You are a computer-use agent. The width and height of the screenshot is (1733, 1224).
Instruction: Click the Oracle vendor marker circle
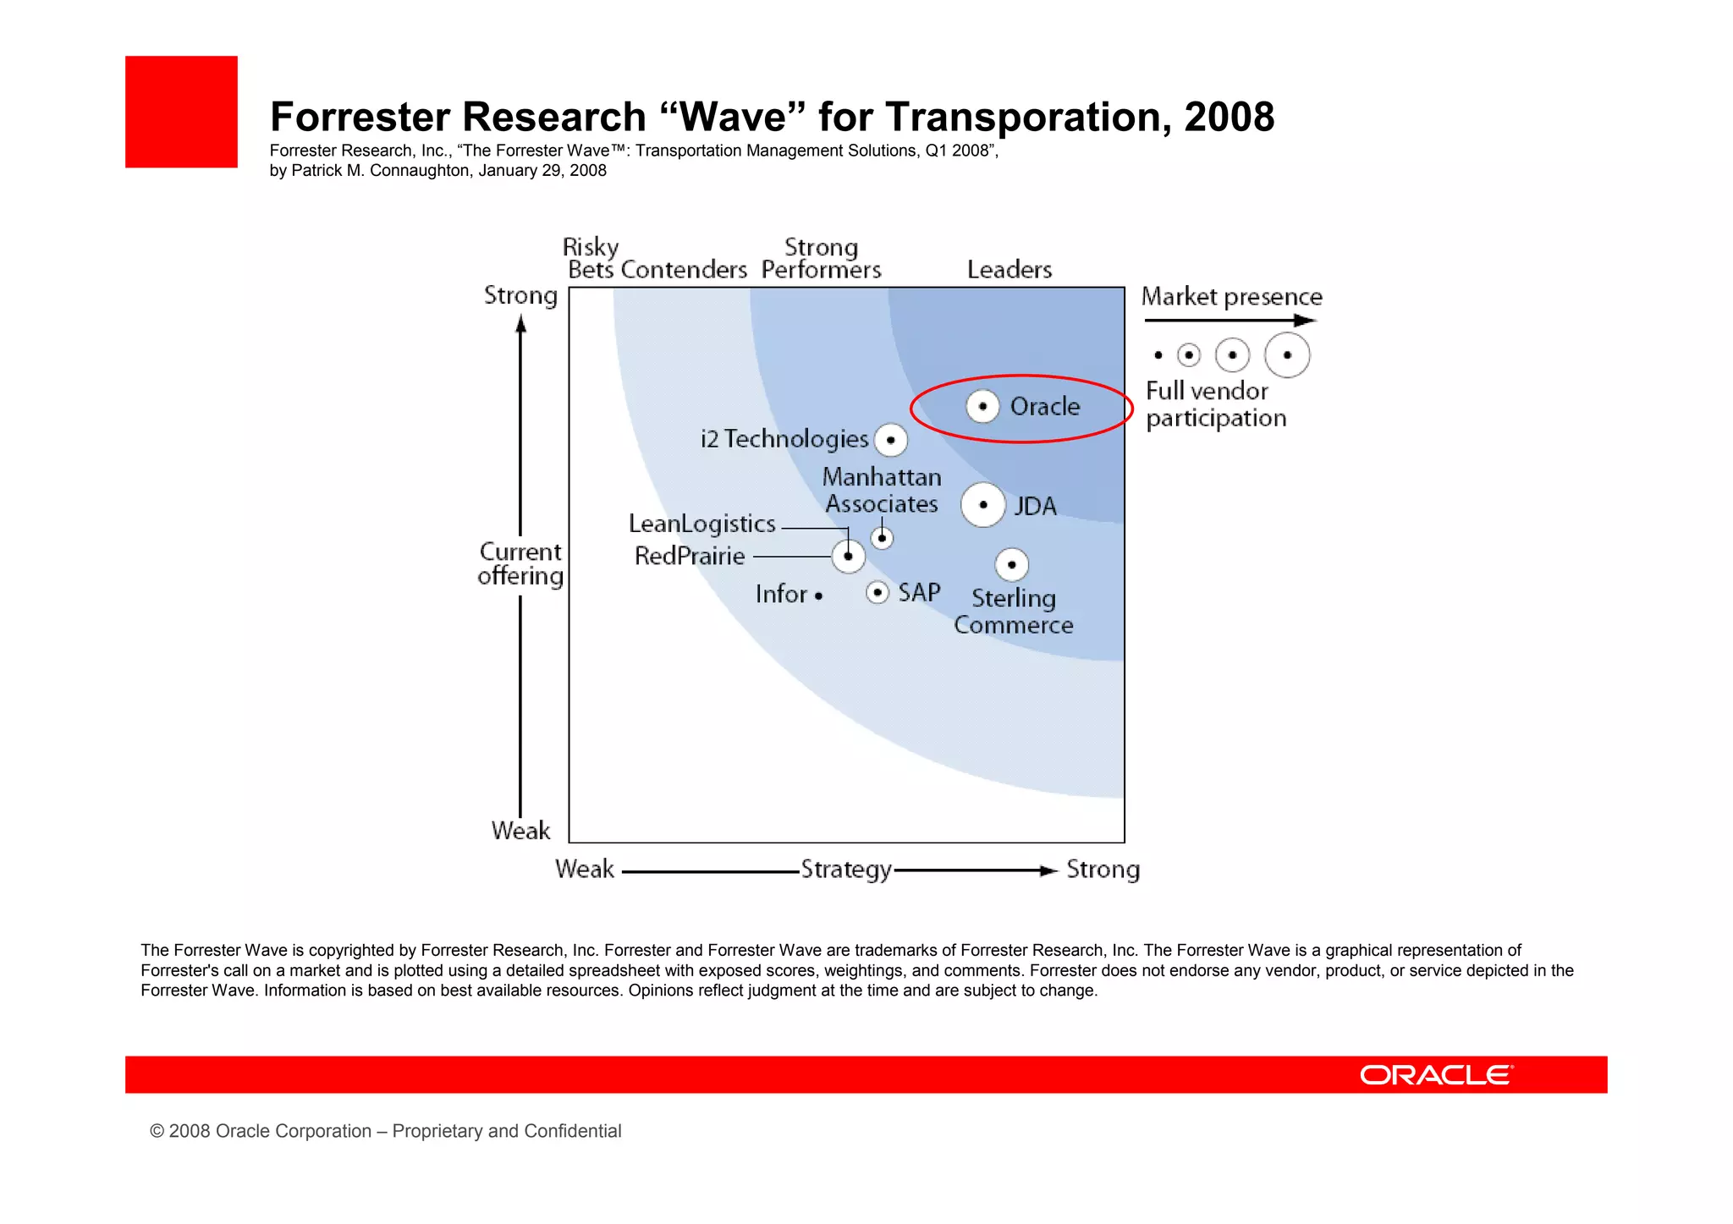click(982, 406)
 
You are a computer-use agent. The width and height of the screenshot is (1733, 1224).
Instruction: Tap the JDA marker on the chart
click(982, 505)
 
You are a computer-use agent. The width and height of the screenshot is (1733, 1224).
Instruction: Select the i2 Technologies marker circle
click(890, 440)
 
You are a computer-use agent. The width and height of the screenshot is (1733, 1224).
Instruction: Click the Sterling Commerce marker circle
click(1011, 564)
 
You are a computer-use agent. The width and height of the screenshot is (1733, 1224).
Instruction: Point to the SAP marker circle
click(878, 592)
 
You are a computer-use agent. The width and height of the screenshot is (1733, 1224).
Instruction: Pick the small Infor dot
click(818, 596)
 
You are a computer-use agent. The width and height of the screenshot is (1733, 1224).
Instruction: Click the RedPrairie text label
click(690, 557)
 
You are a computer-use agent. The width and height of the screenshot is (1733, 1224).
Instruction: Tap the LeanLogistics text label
click(701, 524)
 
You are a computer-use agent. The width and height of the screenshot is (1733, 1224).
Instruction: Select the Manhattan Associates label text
click(882, 491)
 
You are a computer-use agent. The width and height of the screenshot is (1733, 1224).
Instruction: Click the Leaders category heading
click(1009, 270)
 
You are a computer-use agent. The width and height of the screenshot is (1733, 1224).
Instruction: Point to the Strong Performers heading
click(821, 258)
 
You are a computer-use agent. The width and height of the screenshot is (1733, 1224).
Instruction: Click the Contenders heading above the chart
click(684, 270)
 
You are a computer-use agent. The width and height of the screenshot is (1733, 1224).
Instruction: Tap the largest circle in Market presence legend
click(1286, 355)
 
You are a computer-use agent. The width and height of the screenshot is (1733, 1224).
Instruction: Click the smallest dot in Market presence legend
click(1158, 355)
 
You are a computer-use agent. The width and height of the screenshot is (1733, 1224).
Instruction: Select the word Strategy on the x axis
click(845, 870)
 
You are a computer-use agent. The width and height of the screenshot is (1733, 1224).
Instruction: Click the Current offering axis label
click(520, 563)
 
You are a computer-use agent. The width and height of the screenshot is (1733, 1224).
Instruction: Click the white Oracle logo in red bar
click(1436, 1075)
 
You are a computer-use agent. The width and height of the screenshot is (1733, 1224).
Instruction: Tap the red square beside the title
click(181, 112)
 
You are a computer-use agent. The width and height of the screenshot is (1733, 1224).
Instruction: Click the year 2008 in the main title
click(1229, 117)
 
